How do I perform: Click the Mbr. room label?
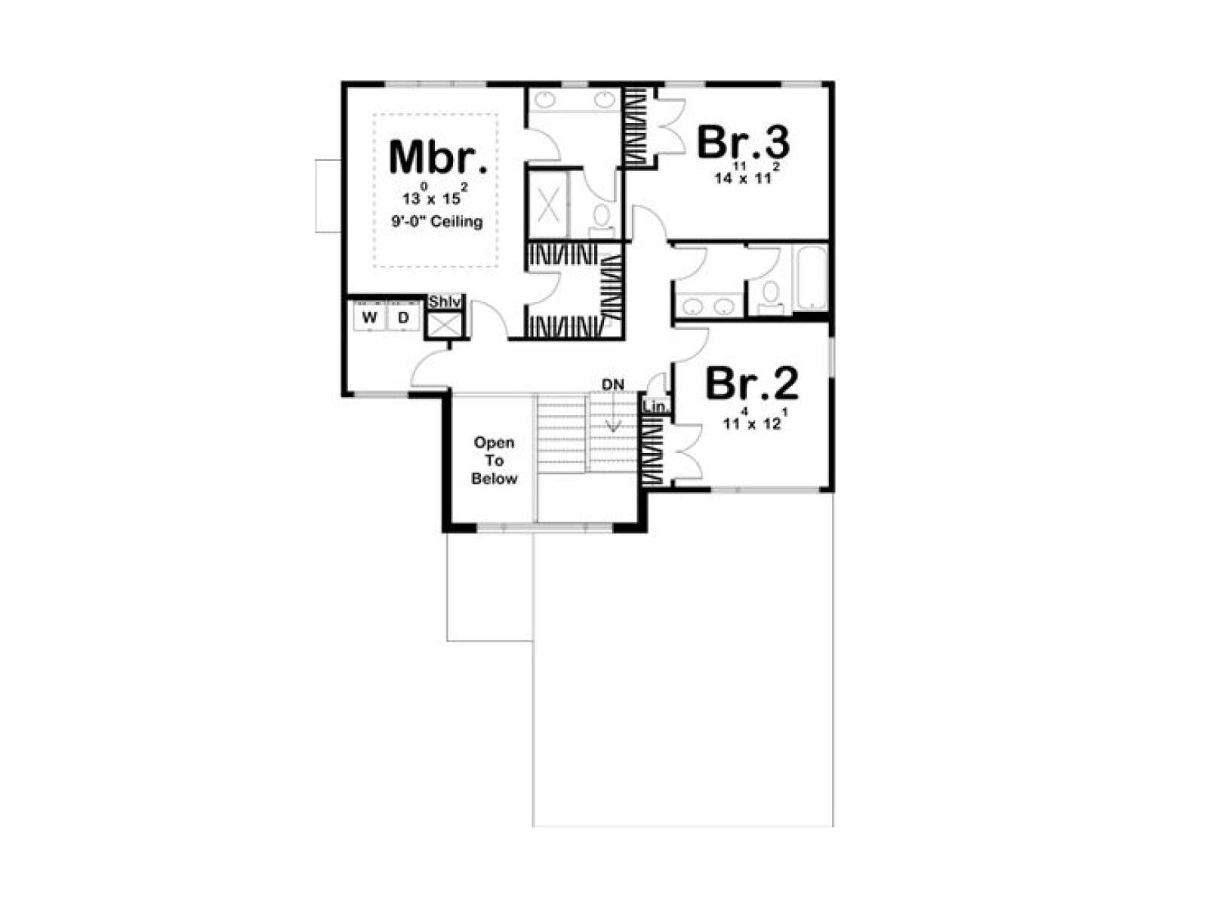coord(438,158)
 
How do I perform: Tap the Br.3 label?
coord(743,142)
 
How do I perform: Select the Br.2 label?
coord(752,384)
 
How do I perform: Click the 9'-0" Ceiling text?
coord(437,222)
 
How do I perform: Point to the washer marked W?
coord(370,317)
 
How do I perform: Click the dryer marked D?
coord(403,317)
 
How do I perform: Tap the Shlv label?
coord(445,301)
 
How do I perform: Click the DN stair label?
coord(612,385)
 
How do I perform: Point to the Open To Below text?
coord(495,461)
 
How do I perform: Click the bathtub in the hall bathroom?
coord(809,279)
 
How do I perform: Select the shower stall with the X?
coord(547,205)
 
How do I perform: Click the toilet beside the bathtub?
coord(771,297)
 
